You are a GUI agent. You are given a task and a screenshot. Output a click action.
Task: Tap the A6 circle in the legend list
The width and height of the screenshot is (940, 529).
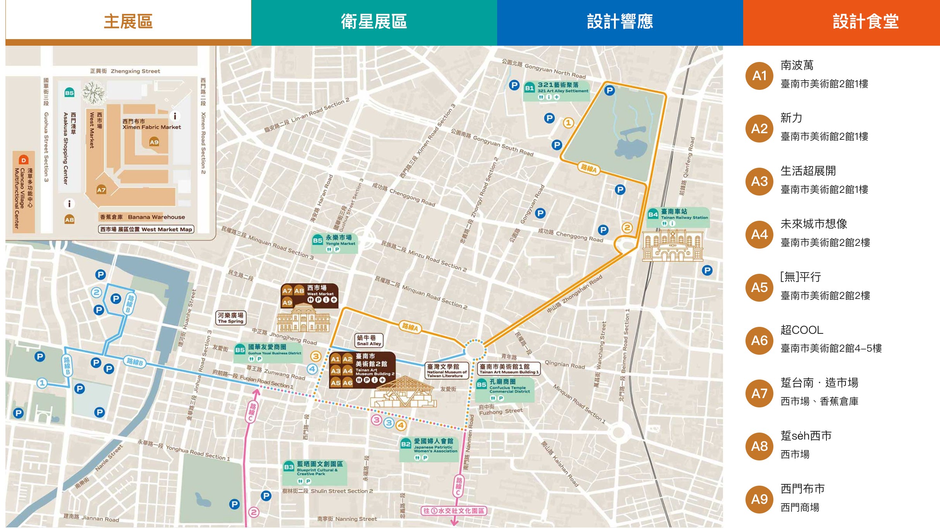coord(759,340)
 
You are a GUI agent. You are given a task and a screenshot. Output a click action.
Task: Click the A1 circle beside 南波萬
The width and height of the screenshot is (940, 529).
coord(759,76)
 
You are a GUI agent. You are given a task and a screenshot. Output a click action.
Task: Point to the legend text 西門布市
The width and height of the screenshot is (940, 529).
coord(802,489)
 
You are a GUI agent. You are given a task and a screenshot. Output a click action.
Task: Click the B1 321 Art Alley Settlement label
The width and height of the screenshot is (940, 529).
coord(556,91)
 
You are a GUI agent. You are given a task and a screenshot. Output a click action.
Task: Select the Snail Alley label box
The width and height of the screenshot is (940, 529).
coord(369,340)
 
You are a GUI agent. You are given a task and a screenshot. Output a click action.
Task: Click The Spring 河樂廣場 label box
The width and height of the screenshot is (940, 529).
coord(231,318)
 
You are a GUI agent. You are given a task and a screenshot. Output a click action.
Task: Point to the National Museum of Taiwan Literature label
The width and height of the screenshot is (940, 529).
coord(446,370)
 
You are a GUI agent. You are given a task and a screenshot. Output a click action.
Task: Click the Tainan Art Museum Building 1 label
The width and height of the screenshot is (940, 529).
coord(508,369)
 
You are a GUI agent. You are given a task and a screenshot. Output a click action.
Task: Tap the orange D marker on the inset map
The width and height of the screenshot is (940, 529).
coord(24,160)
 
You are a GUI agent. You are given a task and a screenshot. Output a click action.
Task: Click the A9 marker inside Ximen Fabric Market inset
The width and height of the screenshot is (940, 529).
coord(154,142)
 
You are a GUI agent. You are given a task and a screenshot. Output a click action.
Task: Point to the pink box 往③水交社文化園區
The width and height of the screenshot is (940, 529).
coord(454,511)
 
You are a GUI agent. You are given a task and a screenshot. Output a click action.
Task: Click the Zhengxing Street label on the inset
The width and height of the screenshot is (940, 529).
coord(125,71)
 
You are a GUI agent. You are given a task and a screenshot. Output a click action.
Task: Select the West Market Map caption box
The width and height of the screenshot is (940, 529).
coord(146,229)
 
